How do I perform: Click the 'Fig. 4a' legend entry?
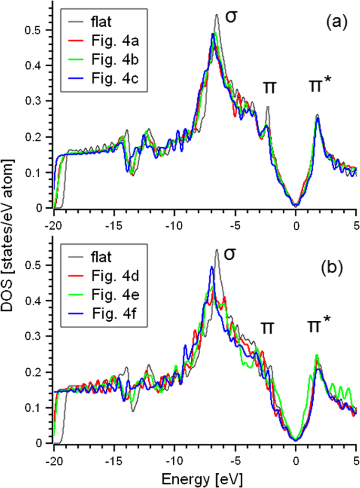point(105,39)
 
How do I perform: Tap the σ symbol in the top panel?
point(231,16)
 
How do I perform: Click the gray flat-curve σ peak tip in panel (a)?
point(217,15)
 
